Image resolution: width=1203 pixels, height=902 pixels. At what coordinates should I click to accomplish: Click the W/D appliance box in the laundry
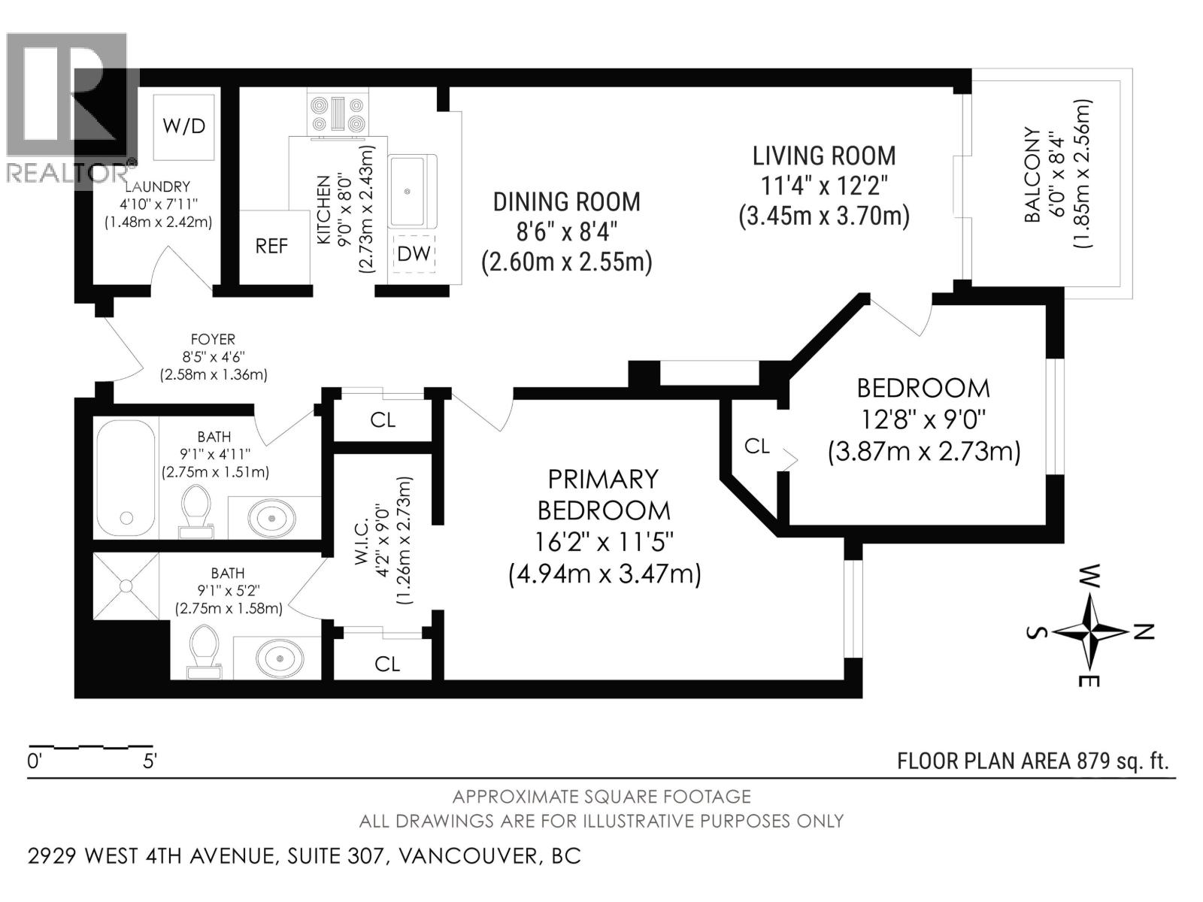184,126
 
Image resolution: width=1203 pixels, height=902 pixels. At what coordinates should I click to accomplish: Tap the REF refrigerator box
271,247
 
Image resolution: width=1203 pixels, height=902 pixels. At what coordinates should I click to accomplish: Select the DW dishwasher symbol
414,253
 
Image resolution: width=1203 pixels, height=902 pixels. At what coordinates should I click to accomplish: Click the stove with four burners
338,114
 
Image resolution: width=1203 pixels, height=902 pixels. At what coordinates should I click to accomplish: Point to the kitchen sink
411,191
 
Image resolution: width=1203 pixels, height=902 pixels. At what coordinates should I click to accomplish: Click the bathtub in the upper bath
126,475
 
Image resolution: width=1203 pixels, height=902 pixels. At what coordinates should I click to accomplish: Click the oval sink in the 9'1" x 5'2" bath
279,658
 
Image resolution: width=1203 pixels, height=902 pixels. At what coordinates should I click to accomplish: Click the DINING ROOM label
566,201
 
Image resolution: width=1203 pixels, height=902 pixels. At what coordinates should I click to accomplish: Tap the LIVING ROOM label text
824,156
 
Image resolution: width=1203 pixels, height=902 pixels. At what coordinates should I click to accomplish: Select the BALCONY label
1033,174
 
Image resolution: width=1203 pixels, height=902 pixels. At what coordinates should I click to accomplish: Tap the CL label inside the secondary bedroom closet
756,446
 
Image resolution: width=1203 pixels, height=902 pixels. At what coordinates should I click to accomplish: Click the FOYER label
213,340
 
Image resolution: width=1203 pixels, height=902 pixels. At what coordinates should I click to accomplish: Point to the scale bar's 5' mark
149,761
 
